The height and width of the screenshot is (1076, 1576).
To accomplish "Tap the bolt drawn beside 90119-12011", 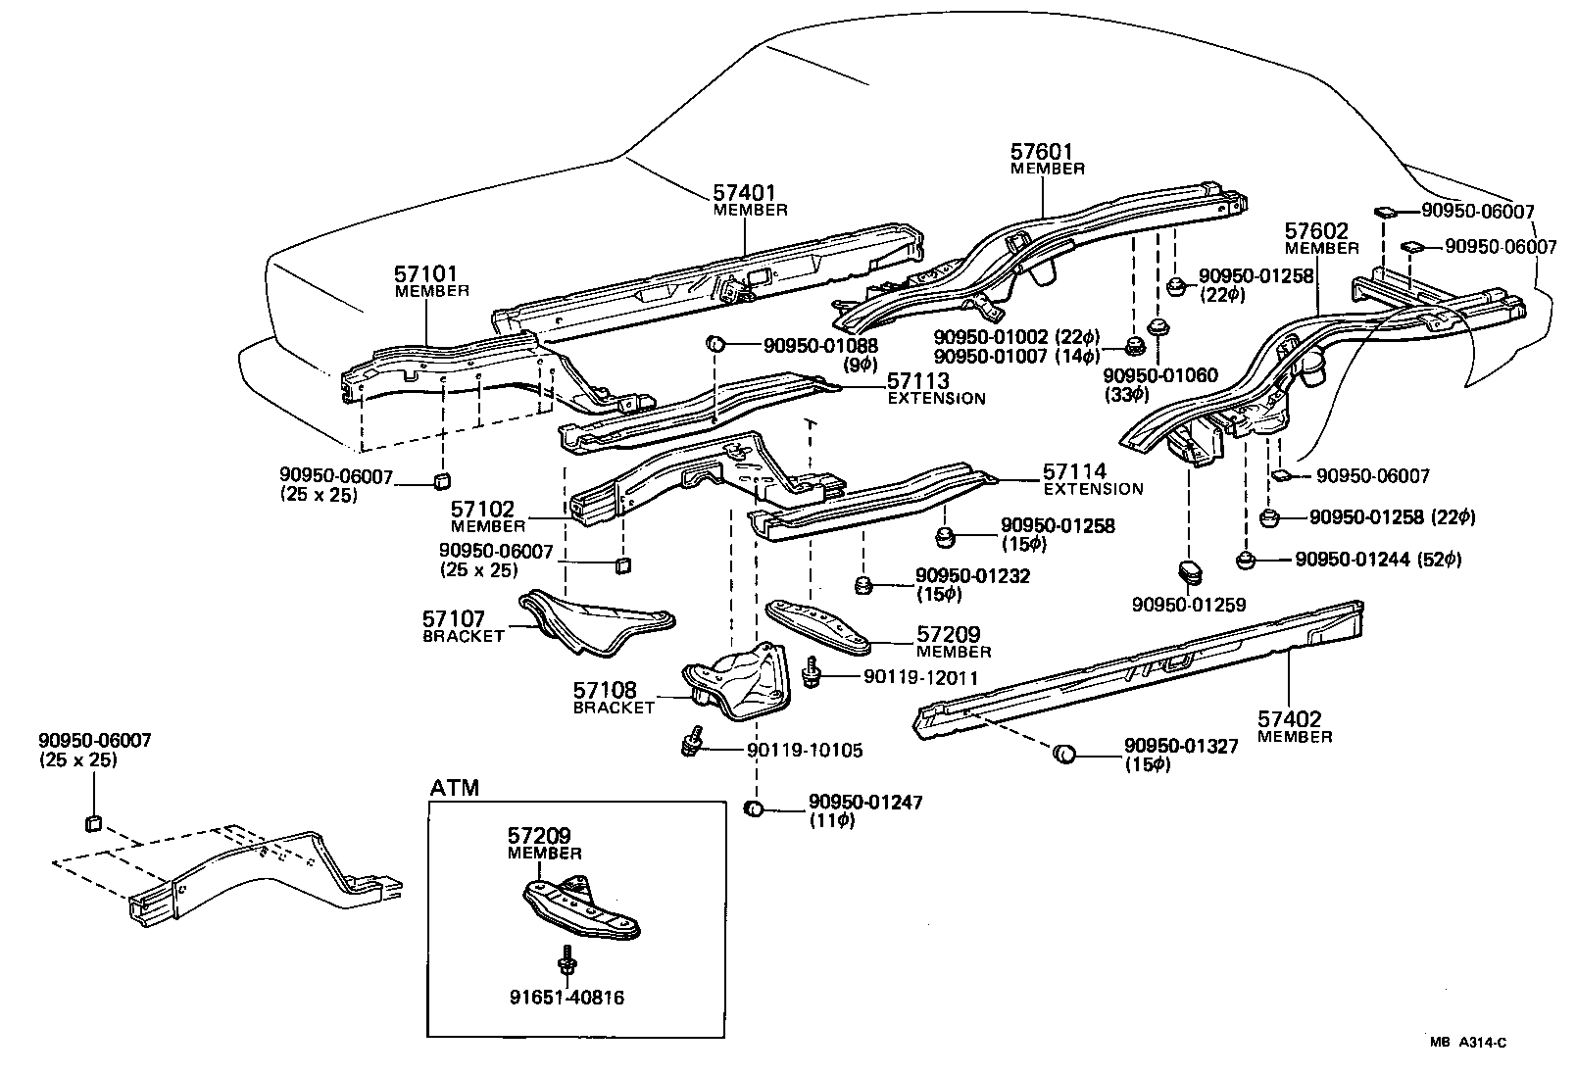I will click(812, 676).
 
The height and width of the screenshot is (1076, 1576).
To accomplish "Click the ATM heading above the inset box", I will click(455, 788).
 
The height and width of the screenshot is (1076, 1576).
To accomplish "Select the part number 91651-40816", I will click(566, 999).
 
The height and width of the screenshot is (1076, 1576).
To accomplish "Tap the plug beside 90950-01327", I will click(1063, 754).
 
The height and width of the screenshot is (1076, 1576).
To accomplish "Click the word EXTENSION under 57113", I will click(936, 399).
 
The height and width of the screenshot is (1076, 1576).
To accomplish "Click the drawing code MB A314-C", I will click(1466, 1044).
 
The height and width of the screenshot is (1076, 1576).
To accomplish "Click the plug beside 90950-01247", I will click(754, 809).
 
